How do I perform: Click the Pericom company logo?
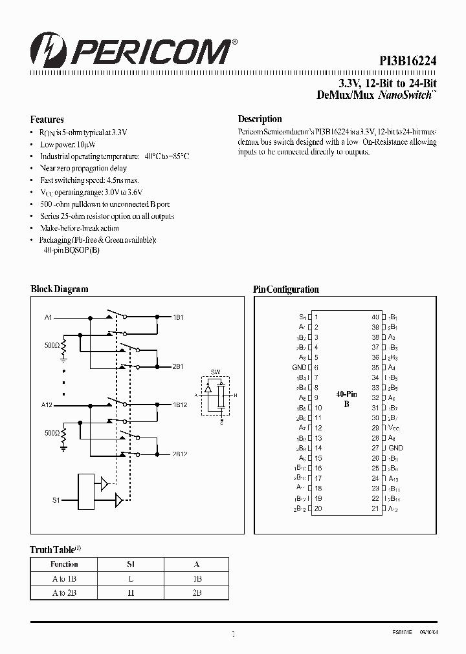pyautogui.click(x=129, y=49)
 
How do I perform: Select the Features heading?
pyautogui.click(x=47, y=120)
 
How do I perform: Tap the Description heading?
pyautogui.click(x=260, y=119)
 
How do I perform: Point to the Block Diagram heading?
pyautogui.click(x=60, y=290)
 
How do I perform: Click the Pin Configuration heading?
pyautogui.click(x=285, y=290)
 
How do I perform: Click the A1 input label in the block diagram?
pyautogui.click(x=48, y=318)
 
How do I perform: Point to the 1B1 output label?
pyautogui.click(x=178, y=318)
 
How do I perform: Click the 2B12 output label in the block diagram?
pyautogui.click(x=180, y=454)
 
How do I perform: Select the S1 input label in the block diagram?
pyautogui.click(x=56, y=500)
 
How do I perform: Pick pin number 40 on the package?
pyautogui.click(x=375, y=317)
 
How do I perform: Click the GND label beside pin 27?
pyautogui.click(x=395, y=448)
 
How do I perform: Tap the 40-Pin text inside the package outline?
pyautogui.click(x=347, y=394)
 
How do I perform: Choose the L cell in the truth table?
pyautogui.click(x=131, y=579)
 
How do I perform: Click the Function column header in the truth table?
pyautogui.click(x=64, y=564)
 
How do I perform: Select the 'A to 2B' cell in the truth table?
pyautogui.click(x=64, y=593)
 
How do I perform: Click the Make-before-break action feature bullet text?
pyautogui.click(x=80, y=228)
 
